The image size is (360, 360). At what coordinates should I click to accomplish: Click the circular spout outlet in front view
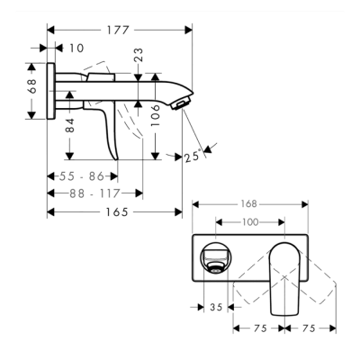217,259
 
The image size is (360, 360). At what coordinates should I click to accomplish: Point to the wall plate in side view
54,90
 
